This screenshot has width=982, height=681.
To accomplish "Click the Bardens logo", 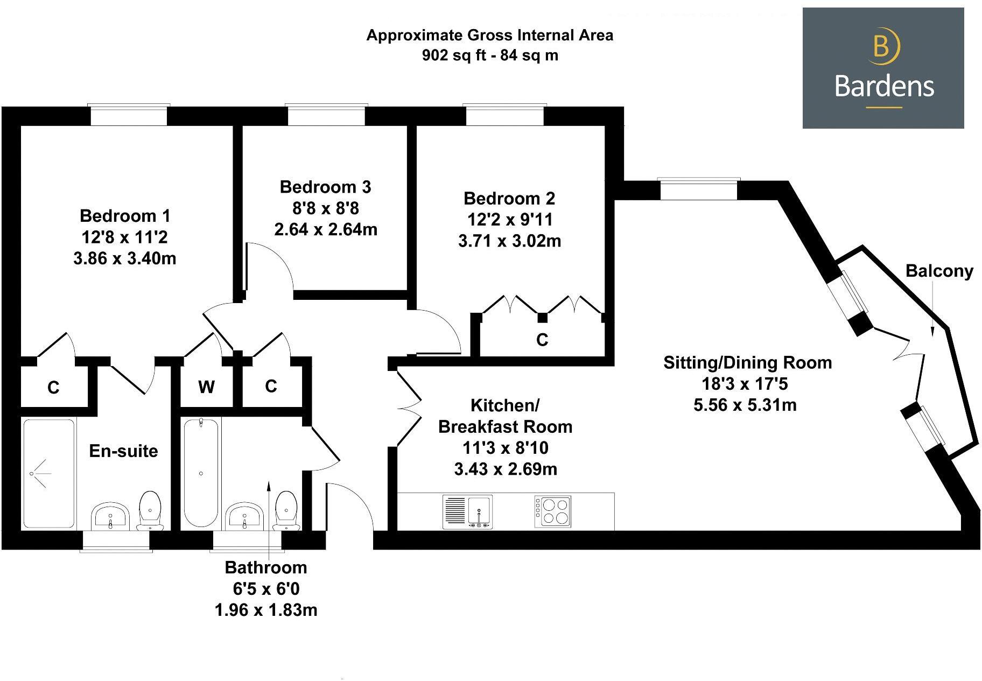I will pyautogui.click(x=883, y=68).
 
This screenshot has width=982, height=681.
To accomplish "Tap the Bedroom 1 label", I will pyautogui.click(x=125, y=216).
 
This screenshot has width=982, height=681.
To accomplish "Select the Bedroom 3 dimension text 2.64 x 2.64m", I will pyautogui.click(x=326, y=230).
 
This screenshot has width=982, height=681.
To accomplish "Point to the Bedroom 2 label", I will pyautogui.click(x=509, y=199).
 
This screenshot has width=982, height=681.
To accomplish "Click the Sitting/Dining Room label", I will pyautogui.click(x=747, y=363).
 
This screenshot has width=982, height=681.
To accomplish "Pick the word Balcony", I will pyautogui.click(x=939, y=271).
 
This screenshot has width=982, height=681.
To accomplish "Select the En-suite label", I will pyautogui.click(x=123, y=451).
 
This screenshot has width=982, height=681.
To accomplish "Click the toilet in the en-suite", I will pyautogui.click(x=150, y=509).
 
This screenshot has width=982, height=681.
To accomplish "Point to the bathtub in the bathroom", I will pyautogui.click(x=201, y=473).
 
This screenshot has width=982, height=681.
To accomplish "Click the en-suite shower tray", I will pyautogui.click(x=48, y=473).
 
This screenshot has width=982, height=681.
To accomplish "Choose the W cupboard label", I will pyautogui.click(x=206, y=387).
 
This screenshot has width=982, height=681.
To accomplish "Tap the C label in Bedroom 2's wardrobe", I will pyautogui.click(x=542, y=340).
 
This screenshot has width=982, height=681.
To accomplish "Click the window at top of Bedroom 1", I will pyautogui.click(x=129, y=115).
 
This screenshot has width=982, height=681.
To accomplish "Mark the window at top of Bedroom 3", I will pyautogui.click(x=326, y=115).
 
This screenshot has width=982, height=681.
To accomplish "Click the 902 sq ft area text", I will pyautogui.click(x=490, y=55).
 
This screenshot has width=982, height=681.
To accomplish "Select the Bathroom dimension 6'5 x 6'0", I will pyautogui.click(x=266, y=589).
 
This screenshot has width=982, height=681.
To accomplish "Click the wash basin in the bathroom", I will pyautogui.click(x=244, y=516).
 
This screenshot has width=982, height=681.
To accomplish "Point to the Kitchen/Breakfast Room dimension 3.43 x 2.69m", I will pyautogui.click(x=506, y=469).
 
